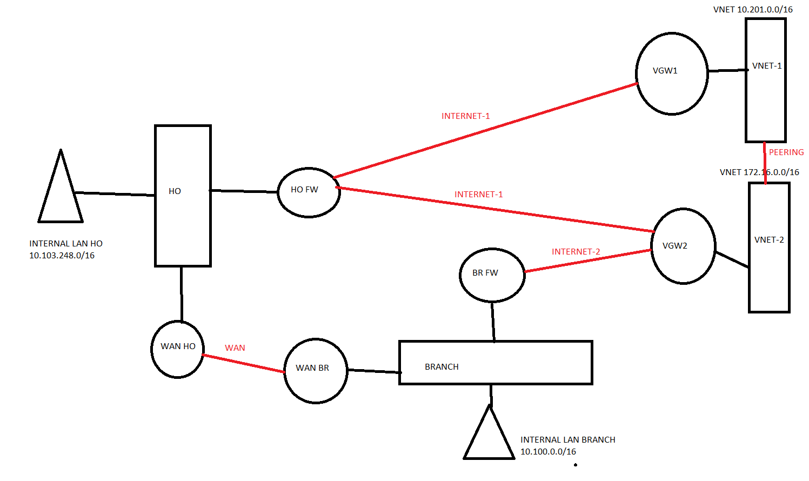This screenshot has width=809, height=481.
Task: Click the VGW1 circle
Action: (672, 74)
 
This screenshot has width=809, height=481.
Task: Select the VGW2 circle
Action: (683, 246)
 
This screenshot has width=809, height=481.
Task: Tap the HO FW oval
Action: (309, 192)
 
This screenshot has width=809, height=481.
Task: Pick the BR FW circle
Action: (492, 275)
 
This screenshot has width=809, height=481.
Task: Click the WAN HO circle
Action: (178, 349)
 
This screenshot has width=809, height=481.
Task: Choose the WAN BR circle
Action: (316, 371)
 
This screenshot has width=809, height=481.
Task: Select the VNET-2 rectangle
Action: (769, 248)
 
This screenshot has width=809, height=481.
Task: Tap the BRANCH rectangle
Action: (496, 363)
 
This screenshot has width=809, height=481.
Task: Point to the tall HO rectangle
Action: (183, 196)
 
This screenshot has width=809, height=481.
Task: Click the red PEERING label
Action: (786, 152)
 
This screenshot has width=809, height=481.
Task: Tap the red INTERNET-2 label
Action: (576, 252)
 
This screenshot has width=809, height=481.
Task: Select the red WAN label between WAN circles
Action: (235, 348)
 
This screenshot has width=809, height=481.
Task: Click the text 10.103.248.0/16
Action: (62, 256)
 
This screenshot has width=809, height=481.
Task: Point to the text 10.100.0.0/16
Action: (548, 452)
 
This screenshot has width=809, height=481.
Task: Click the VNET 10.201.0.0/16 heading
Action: (753, 10)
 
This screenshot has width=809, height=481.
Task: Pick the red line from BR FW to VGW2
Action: (588, 261)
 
